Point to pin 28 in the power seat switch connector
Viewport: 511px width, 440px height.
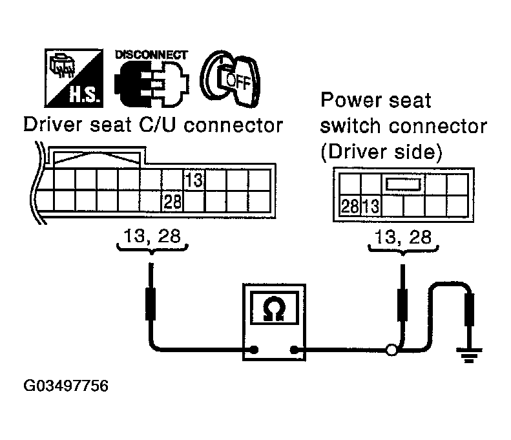[x=349, y=207]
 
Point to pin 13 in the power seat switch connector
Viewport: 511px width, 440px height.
[x=371, y=207]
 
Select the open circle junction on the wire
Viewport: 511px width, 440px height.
[x=391, y=351]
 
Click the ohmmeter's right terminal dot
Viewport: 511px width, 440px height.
[x=295, y=351]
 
